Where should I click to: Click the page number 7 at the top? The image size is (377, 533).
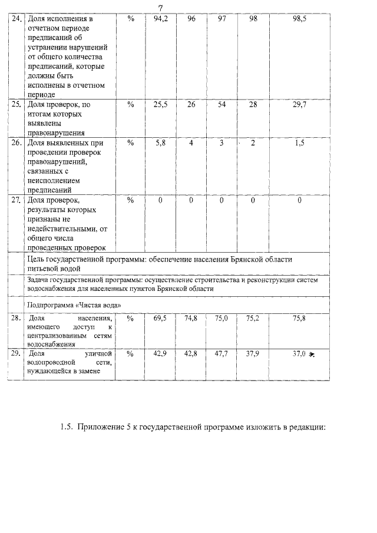tap(160, 6)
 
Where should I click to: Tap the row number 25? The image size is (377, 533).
tap(16, 104)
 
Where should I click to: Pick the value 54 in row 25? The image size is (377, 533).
tap(222, 104)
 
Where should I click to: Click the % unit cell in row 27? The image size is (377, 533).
tap(131, 200)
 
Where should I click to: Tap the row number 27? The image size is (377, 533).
tap(16, 200)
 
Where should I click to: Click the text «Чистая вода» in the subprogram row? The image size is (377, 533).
tap(100, 304)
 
